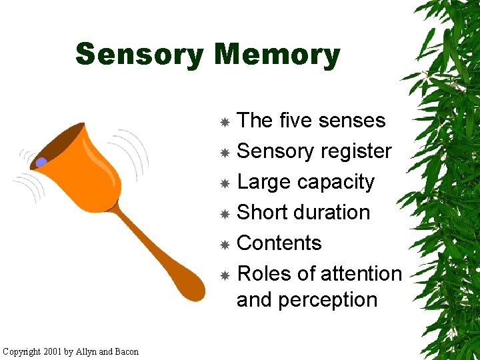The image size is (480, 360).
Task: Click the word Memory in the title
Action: [278, 55]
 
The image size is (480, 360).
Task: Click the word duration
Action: [332, 212]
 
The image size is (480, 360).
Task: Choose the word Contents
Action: [279, 243]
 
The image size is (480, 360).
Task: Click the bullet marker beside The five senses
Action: [225, 122]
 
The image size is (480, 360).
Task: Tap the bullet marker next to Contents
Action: [225, 245]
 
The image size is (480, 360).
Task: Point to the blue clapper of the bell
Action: [41, 162]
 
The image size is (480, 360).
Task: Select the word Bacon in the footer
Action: [127, 351]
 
